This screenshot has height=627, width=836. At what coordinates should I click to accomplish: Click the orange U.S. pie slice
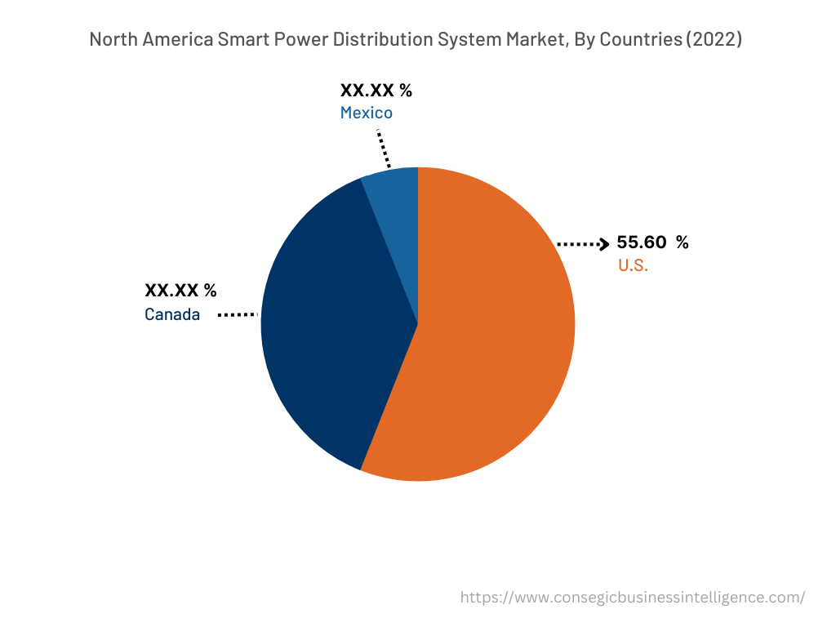pyautogui.click(x=490, y=343)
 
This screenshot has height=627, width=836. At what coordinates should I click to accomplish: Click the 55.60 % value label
pyautogui.click(x=652, y=242)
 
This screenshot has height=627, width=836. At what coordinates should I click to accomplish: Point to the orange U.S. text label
pyautogui.click(x=633, y=265)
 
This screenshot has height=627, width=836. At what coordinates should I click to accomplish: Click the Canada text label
pyautogui.click(x=172, y=314)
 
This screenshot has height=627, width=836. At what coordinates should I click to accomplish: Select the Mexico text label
pyautogui.click(x=366, y=113)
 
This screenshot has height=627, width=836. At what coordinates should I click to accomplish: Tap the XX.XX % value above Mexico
pyautogui.click(x=376, y=90)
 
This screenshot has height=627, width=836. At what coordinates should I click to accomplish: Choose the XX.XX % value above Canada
pyautogui.click(x=180, y=291)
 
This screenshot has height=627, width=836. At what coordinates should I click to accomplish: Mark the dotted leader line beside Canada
pyautogui.click(x=238, y=314)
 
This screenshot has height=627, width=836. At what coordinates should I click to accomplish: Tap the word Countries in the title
pyautogui.click(x=642, y=39)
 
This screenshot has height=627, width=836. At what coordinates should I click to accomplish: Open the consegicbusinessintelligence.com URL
pyautogui.click(x=632, y=597)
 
